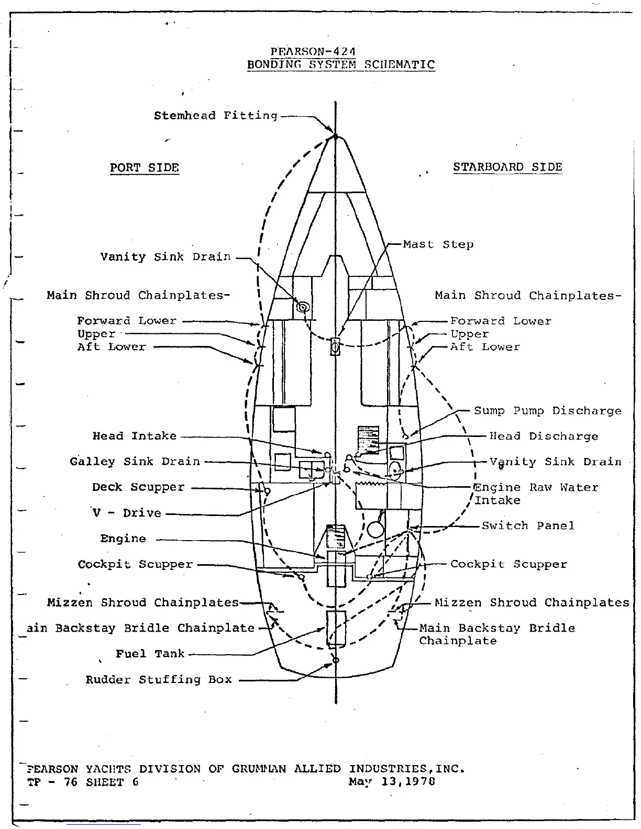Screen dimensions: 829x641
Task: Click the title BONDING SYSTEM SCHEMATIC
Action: [340, 65]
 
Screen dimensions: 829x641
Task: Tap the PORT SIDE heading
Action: [144, 168]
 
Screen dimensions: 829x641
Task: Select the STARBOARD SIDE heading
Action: [507, 167]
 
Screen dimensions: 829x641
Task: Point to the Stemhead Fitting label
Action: [215, 116]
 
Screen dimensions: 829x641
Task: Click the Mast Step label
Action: [438, 244]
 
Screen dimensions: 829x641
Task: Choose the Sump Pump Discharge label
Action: [547, 411]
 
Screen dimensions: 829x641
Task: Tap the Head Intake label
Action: [135, 436]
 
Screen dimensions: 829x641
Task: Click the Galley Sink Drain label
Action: [135, 462]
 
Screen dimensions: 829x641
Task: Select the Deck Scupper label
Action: [138, 487]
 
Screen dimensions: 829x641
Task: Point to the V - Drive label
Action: [127, 513]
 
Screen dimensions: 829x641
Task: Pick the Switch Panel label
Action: [528, 525]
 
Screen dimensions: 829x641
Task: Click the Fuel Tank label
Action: [150, 654]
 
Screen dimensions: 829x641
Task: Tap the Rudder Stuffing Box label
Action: [159, 680]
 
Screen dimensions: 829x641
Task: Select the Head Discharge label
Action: [544, 436]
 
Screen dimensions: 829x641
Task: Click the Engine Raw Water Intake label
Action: [535, 494]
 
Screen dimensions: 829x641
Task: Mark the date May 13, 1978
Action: [392, 782]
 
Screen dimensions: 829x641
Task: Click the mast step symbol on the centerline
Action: [335, 346]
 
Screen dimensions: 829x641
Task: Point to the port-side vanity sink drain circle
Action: [302, 308]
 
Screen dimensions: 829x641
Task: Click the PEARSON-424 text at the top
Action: [313, 52]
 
